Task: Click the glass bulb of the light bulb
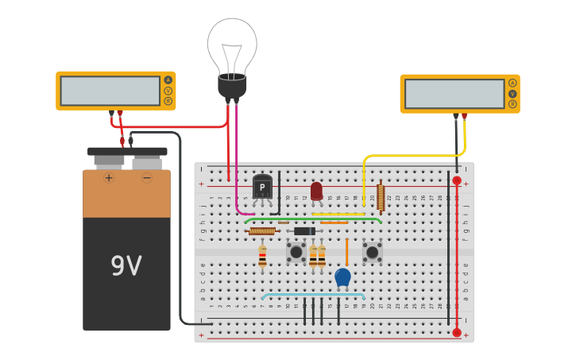click(232, 44)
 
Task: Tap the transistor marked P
click(262, 188)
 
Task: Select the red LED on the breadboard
click(316, 191)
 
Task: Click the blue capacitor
click(342, 277)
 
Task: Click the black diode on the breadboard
click(304, 231)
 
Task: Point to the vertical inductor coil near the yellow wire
click(381, 197)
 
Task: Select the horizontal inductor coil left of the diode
click(261, 231)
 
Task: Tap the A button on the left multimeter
click(168, 79)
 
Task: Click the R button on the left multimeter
click(168, 101)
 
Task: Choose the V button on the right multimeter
click(512, 93)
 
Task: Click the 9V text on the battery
click(126, 266)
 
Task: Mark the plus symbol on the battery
click(109, 177)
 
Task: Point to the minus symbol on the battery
click(147, 177)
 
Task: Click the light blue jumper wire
click(312, 295)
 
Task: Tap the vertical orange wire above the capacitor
click(346, 251)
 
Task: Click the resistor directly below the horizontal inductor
click(262, 256)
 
